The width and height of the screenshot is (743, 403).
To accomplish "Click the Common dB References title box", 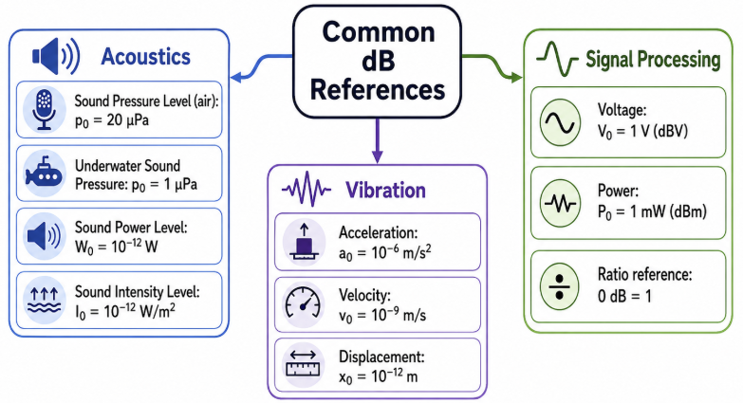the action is click(377, 62).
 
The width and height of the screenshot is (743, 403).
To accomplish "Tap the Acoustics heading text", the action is click(145, 56).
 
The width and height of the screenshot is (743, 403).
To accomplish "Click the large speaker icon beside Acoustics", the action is click(56, 56).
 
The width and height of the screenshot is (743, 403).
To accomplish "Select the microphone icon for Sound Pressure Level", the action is click(44, 109).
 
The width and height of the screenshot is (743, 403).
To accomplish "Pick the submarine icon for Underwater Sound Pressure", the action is click(44, 173).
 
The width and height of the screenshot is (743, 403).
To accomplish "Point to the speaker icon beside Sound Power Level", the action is click(44, 235).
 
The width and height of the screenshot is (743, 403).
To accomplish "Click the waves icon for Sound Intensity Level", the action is click(44, 300).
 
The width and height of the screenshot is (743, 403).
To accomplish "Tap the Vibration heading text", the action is click(385, 191).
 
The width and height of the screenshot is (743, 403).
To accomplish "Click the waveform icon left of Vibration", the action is click(306, 190).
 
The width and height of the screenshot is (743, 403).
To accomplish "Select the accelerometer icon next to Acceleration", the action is click(304, 242).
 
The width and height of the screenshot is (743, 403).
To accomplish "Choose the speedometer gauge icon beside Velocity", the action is click(304, 303).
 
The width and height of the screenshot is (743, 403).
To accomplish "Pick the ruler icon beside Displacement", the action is click(304, 364).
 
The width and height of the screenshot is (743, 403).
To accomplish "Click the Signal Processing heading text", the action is click(653, 60).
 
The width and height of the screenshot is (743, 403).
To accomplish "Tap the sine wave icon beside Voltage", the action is click(560, 122).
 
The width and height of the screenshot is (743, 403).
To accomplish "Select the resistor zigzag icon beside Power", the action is click(560, 204).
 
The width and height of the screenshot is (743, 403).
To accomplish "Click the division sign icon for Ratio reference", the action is click(560, 286).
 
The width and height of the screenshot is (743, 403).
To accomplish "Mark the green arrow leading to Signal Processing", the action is click(492, 64).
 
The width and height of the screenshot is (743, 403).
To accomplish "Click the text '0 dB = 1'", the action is click(624, 297).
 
